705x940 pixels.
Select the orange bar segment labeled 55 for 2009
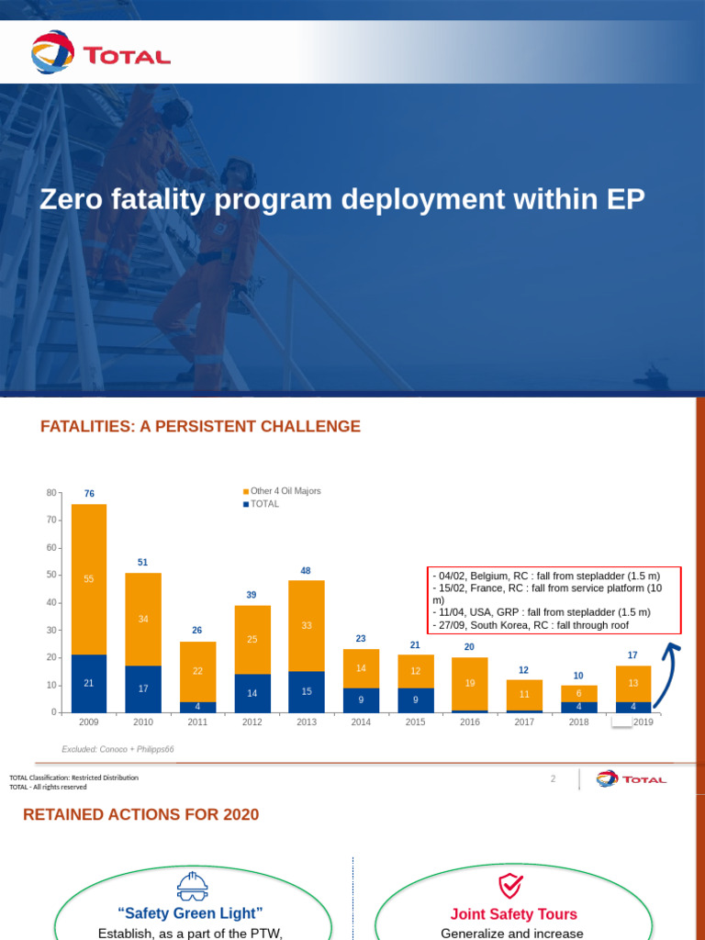click(89, 579)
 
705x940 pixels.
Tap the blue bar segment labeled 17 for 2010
click(143, 688)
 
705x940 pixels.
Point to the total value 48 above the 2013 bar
click(306, 571)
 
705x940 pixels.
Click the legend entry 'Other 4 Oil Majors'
click(285, 491)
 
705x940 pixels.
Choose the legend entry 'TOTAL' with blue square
click(264, 504)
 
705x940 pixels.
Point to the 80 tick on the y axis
click(50, 493)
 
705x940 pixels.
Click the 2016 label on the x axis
click(469, 723)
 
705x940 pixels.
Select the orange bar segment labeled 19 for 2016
click(469, 683)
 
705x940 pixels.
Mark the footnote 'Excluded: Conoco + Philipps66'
click(117, 749)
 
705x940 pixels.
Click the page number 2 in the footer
click(553, 779)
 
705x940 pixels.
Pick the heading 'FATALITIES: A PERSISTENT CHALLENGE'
click(200, 427)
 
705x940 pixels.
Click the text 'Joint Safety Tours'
click(513, 914)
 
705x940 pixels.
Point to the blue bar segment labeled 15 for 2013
click(306, 691)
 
